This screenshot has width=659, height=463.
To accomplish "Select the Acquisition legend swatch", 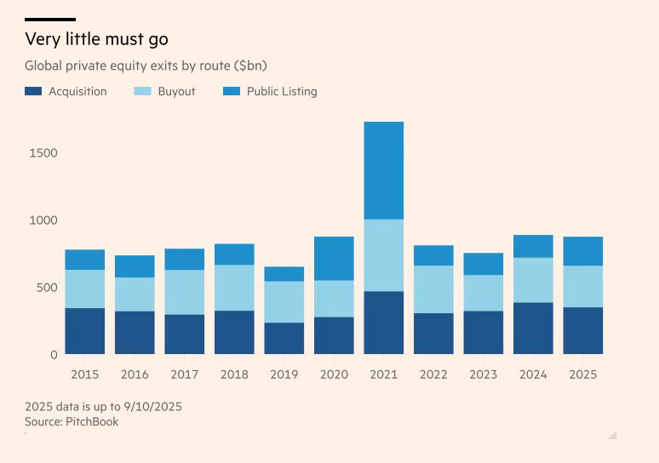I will tap(33, 91).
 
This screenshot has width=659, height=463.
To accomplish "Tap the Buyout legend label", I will tap(176, 91).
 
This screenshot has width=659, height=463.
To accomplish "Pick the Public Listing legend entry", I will tap(282, 91).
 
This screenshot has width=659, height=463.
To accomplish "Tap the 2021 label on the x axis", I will tap(383, 374).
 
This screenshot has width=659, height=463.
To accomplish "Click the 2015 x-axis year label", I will tap(84, 374).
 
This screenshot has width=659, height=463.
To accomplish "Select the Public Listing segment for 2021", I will tap(383, 170).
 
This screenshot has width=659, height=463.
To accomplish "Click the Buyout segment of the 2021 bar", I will tap(383, 255).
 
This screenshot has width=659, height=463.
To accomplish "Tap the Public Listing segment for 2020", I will tap(334, 258).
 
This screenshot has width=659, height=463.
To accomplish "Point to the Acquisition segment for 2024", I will tap(533, 328).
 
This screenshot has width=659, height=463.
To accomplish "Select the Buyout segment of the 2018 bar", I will tap(234, 288).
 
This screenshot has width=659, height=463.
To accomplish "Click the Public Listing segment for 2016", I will tap(135, 266).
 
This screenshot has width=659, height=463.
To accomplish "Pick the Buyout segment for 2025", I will tap(582, 286).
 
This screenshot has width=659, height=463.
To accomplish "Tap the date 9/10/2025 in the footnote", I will tap(152, 407).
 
